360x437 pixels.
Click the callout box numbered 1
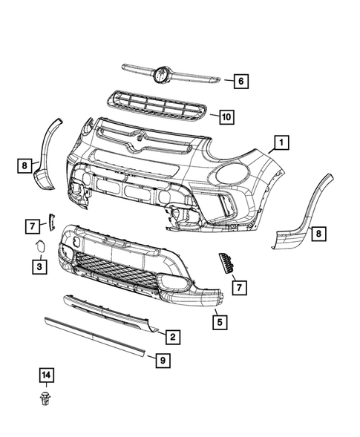click(281, 141)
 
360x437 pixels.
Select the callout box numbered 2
click(171, 338)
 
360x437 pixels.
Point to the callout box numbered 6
click(240, 82)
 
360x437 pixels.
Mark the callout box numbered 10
click(226, 116)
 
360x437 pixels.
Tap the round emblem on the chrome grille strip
click(161, 73)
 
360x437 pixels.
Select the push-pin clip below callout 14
click(47, 401)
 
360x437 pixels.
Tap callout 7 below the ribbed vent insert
click(240, 285)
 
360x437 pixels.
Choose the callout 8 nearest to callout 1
click(317, 234)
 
